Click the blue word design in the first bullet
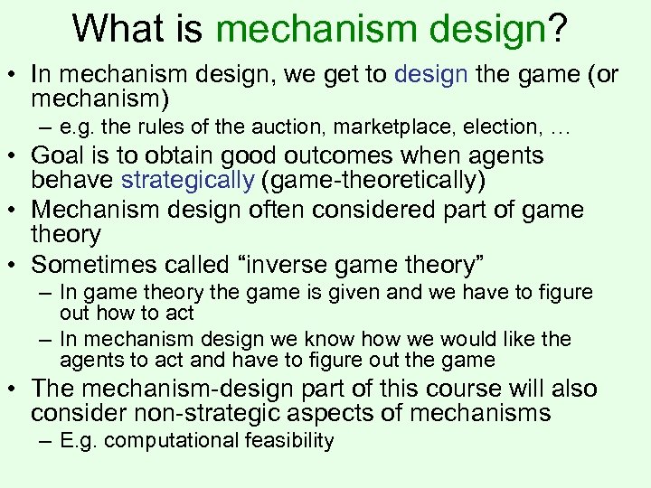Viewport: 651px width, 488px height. click(x=429, y=75)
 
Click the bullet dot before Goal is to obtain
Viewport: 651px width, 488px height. click(x=18, y=156)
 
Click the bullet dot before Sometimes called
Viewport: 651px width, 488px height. click(x=18, y=266)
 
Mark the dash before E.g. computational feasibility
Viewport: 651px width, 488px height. click(x=44, y=441)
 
